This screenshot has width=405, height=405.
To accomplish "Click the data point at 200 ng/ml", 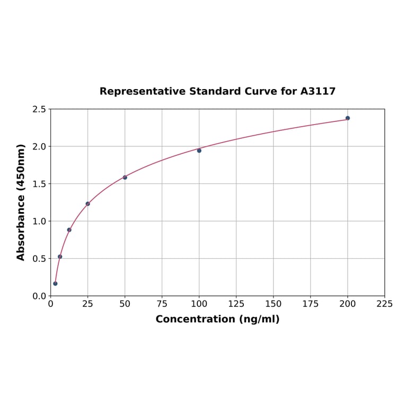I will click(x=348, y=118).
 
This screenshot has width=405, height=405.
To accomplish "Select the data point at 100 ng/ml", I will click(x=199, y=151).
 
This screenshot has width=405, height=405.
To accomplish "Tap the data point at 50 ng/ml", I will click(x=125, y=177).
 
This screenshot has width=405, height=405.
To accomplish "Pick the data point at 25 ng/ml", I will click(x=88, y=204).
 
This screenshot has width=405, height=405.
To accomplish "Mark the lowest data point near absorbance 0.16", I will click(x=55, y=284).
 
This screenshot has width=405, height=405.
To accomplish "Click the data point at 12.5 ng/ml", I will click(x=69, y=230).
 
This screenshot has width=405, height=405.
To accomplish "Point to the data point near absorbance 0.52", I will click(x=60, y=257).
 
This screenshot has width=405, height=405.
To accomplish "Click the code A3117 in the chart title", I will click(x=318, y=91).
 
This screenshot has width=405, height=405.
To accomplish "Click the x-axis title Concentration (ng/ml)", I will click(x=217, y=319).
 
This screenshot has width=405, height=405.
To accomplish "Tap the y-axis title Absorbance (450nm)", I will click(x=21, y=202).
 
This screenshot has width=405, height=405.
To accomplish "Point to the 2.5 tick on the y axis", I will click(x=39, y=109).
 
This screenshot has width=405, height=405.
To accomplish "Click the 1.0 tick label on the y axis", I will click(x=39, y=221).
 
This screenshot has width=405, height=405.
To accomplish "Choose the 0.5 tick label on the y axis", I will click(x=39, y=259).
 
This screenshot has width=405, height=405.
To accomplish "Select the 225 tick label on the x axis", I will click(x=385, y=304).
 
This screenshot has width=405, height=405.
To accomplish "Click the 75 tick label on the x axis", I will click(x=162, y=304).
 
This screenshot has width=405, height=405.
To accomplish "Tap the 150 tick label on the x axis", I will click(x=274, y=304).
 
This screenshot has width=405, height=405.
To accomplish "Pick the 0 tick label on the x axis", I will click(x=51, y=304).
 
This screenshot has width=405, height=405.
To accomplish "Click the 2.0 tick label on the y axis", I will click(x=39, y=146).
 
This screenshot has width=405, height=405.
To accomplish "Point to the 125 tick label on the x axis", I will click(x=236, y=304).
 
